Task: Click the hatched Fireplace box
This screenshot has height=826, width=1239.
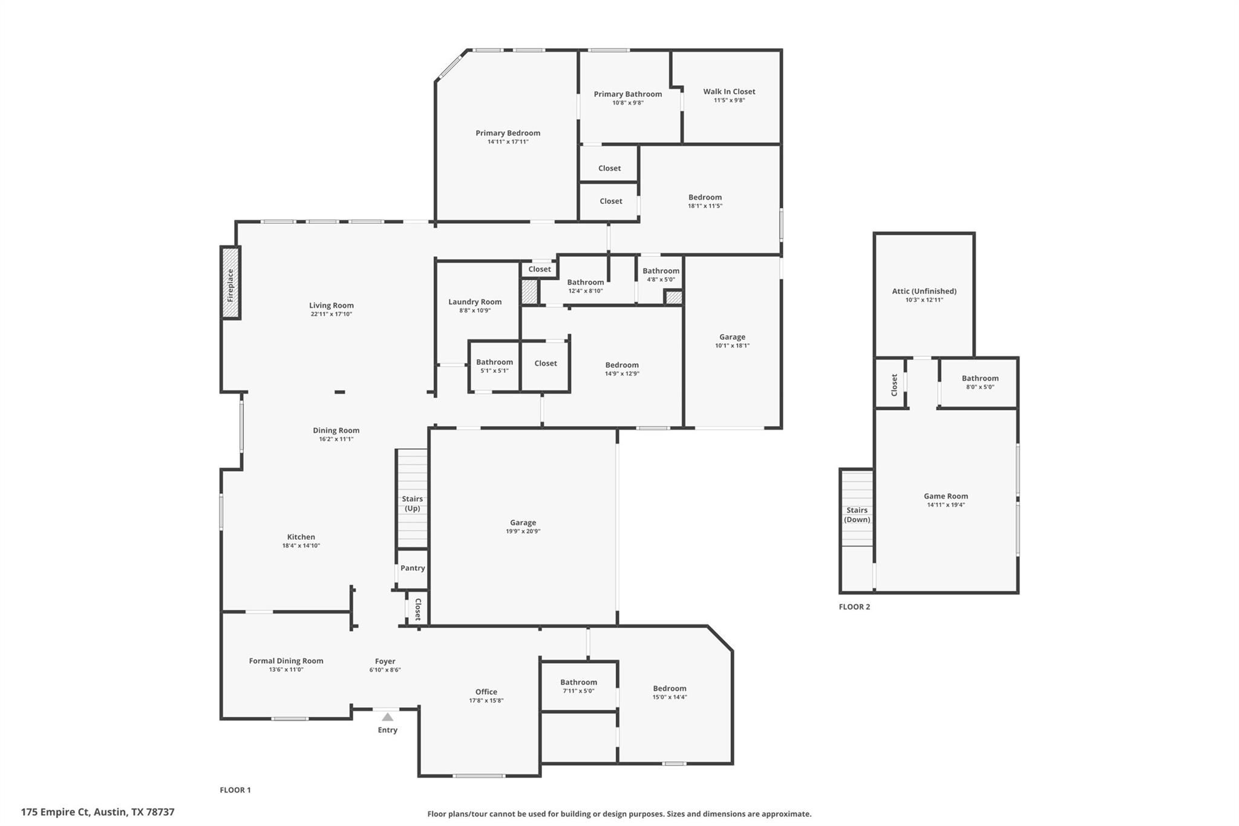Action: (230, 283)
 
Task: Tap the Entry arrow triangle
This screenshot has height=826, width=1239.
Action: (387, 717)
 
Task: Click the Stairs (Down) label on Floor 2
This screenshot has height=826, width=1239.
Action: (857, 514)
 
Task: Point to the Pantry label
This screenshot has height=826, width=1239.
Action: (413, 568)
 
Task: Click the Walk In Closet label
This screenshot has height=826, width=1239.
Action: (729, 91)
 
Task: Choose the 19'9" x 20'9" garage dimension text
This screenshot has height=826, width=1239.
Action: (523, 531)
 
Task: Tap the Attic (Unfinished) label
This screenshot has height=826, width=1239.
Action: (924, 291)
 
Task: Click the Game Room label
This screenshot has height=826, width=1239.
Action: (946, 496)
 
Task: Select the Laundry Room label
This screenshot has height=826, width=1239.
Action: (475, 301)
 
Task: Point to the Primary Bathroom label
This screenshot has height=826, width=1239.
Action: (627, 94)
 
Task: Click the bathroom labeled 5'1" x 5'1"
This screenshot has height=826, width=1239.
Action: (494, 365)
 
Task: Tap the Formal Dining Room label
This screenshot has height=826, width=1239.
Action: (286, 661)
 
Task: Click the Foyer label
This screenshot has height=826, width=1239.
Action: (385, 661)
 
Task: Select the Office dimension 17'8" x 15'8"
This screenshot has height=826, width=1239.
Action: (486, 701)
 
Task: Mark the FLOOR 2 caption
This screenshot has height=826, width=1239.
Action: (854, 606)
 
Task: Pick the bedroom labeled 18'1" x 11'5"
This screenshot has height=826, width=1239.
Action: (705, 201)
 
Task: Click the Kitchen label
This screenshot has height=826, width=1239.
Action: (301, 537)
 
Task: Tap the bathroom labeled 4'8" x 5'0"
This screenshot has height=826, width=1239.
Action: (661, 274)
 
